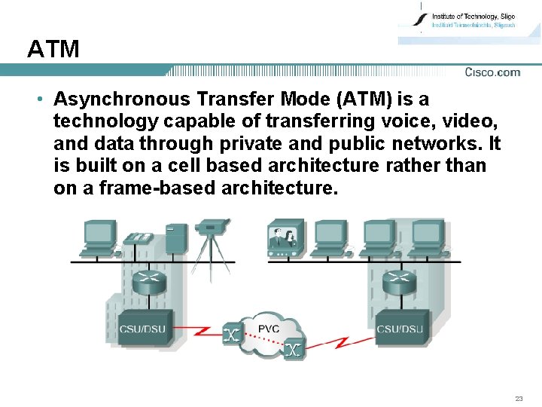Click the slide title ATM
pyautogui.click(x=53, y=50)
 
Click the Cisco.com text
pyautogui.click(x=492, y=72)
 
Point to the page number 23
pyautogui.click(x=519, y=399)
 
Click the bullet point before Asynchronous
pyautogui.click(x=37, y=99)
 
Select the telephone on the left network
pyautogui.click(x=139, y=239)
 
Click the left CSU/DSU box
pyautogui.click(x=143, y=328)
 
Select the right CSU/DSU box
pyautogui.click(x=399, y=328)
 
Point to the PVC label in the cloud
pyautogui.click(x=269, y=329)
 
